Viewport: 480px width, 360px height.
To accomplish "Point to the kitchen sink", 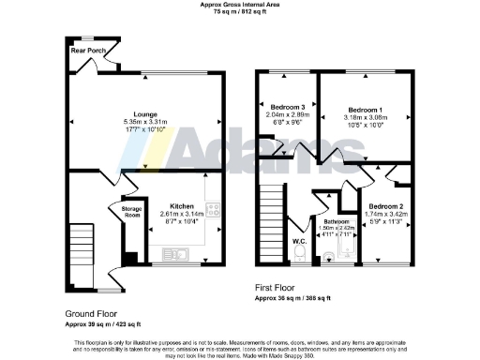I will click(176, 253).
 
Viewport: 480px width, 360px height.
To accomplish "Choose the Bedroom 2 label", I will click(385, 205).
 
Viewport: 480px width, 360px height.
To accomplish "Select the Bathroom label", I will click(335, 221).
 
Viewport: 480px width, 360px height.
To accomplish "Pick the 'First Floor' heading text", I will click(278, 288).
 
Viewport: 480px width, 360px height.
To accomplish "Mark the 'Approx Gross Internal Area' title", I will click(239, 5).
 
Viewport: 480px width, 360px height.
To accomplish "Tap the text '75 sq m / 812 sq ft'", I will click(239, 12).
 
